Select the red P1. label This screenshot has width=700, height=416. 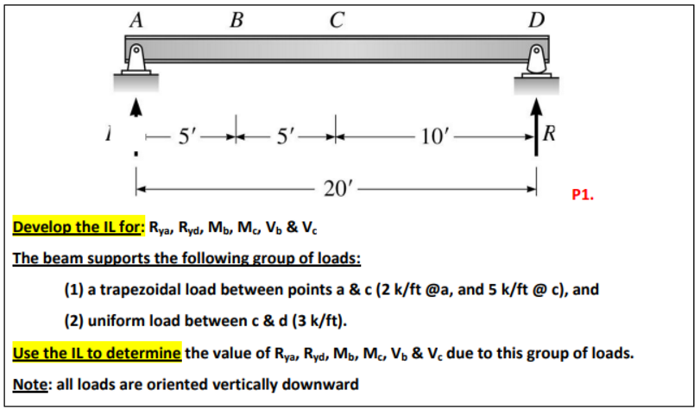coord(584,195)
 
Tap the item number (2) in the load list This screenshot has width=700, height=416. coord(76,321)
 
